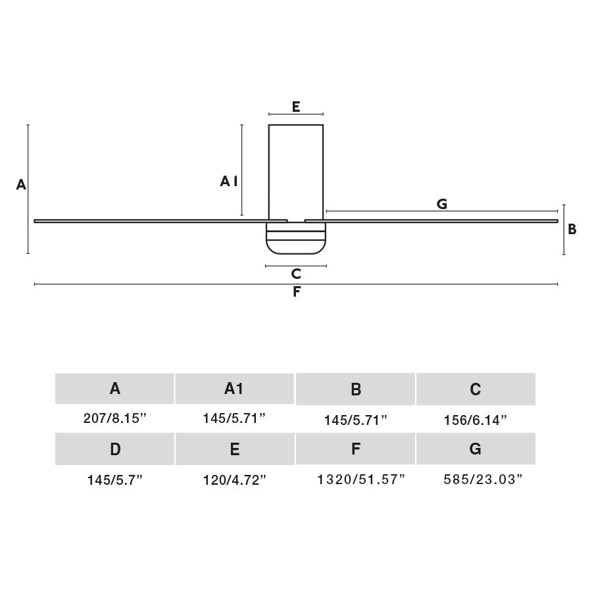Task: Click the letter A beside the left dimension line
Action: click(x=21, y=185)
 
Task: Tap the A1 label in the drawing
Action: click(x=228, y=181)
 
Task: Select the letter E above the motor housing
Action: click(x=296, y=107)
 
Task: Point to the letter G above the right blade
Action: click(x=442, y=204)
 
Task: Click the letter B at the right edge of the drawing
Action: click(x=572, y=229)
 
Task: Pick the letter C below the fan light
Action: click(x=296, y=274)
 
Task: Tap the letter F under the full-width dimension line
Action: click(x=297, y=292)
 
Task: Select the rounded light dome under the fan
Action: click(x=296, y=242)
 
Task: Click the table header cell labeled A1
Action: click(x=234, y=389)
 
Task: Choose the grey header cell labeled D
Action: click(x=115, y=449)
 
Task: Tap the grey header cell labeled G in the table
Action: click(x=476, y=449)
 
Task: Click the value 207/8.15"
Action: click(x=114, y=418)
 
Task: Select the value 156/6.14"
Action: click(x=475, y=420)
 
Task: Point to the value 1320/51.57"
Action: click(x=361, y=480)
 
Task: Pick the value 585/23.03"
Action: click(x=483, y=480)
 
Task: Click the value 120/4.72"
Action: click(x=234, y=480)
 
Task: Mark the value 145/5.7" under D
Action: click(x=115, y=480)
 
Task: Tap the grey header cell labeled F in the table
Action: click(x=355, y=449)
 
